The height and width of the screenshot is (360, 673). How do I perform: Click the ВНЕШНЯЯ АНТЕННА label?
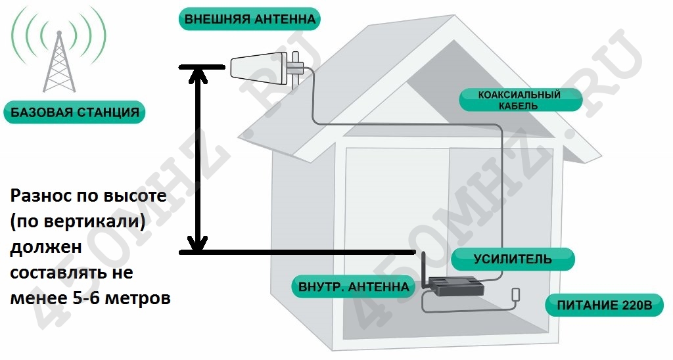click(249, 19)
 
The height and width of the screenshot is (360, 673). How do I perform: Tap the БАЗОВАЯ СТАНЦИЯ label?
click(75, 112)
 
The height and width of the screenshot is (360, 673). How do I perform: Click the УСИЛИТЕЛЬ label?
click(513, 259)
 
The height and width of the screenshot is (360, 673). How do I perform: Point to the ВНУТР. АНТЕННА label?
click(354, 286)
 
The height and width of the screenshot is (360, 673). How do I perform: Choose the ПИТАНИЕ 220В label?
click(604, 305)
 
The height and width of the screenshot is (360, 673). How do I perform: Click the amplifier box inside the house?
click(456, 287)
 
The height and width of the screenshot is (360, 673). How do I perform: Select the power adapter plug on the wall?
click(516, 295)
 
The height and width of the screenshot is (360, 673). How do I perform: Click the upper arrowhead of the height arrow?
click(198, 75)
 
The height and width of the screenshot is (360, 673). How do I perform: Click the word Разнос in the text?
click(41, 196)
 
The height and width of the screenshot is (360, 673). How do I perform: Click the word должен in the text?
click(46, 247)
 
